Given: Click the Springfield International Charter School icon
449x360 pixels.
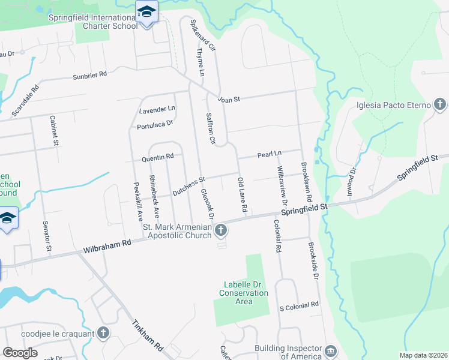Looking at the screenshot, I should (146, 11).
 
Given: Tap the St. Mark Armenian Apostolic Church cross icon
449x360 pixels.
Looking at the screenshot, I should (221, 230).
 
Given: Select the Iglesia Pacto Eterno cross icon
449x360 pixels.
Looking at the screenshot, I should (440, 105).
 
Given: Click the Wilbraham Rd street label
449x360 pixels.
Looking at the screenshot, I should (107, 245).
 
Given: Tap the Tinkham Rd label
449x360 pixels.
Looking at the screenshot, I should (148, 334).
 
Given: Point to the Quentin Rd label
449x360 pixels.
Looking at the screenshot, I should (157, 158).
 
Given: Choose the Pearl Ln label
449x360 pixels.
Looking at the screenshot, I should (269, 154).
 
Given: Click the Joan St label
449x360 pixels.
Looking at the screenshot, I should (229, 100).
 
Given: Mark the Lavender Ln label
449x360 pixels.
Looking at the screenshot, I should (157, 110).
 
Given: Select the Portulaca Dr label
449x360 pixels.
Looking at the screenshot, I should (154, 124).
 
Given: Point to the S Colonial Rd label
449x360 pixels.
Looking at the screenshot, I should (299, 305).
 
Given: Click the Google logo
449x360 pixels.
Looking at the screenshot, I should (20, 353).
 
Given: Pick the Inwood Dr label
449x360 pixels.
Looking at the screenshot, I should (354, 177).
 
